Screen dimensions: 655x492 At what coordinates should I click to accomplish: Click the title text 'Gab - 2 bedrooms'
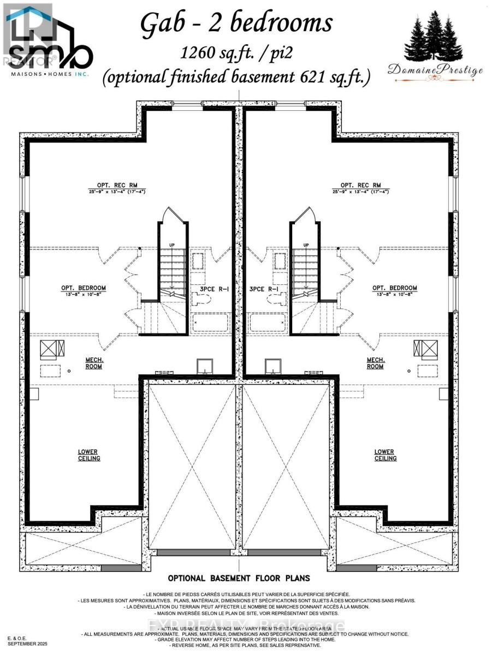(236, 25)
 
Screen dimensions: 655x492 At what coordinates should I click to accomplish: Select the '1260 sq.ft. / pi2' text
(236, 53)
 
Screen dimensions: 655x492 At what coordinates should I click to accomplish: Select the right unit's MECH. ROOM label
(375, 363)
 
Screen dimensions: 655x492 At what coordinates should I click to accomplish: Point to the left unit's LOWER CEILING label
(89, 455)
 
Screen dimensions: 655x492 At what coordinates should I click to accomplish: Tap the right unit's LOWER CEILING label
(385, 455)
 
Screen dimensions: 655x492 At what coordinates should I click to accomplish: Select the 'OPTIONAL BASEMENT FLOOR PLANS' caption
(239, 577)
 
